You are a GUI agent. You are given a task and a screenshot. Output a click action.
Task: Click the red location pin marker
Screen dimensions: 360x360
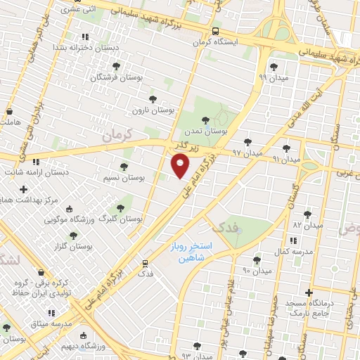[181, 166]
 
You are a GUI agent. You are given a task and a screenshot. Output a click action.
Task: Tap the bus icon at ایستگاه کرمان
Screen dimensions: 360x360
[215, 31]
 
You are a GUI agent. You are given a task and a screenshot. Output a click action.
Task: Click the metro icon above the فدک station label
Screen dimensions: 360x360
[145, 263]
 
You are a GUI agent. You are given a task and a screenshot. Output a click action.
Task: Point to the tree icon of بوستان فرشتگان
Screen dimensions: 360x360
[116, 66]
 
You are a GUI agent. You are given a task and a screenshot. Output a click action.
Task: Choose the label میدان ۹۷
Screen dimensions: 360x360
[247, 153]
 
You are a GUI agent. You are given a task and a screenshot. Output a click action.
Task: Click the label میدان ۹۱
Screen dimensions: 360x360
[286, 160]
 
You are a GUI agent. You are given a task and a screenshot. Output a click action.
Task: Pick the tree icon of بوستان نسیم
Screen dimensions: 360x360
[124, 167]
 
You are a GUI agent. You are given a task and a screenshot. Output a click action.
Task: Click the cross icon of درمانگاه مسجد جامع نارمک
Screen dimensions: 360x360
[308, 292]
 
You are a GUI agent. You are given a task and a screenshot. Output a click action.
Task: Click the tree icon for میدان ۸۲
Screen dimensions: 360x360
[307, 214]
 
